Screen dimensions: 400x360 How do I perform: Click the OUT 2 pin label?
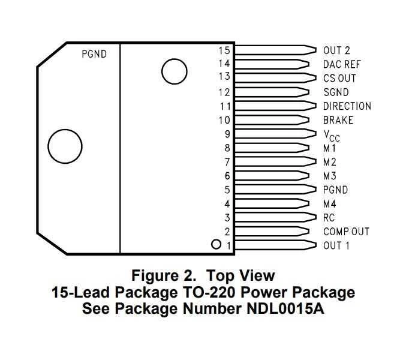point(336,50)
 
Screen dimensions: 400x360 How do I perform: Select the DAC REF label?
point(342,64)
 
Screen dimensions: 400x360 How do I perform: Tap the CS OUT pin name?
point(339,79)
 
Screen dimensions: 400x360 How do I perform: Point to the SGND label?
point(336,92)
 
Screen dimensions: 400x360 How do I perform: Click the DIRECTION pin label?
point(347,106)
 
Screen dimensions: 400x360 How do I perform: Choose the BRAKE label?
point(338,120)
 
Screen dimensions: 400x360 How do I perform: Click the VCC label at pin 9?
point(332,136)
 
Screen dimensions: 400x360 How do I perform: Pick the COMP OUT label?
point(346,232)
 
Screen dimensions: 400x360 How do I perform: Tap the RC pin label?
point(329,218)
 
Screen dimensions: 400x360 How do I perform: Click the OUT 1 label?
point(336,245)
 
